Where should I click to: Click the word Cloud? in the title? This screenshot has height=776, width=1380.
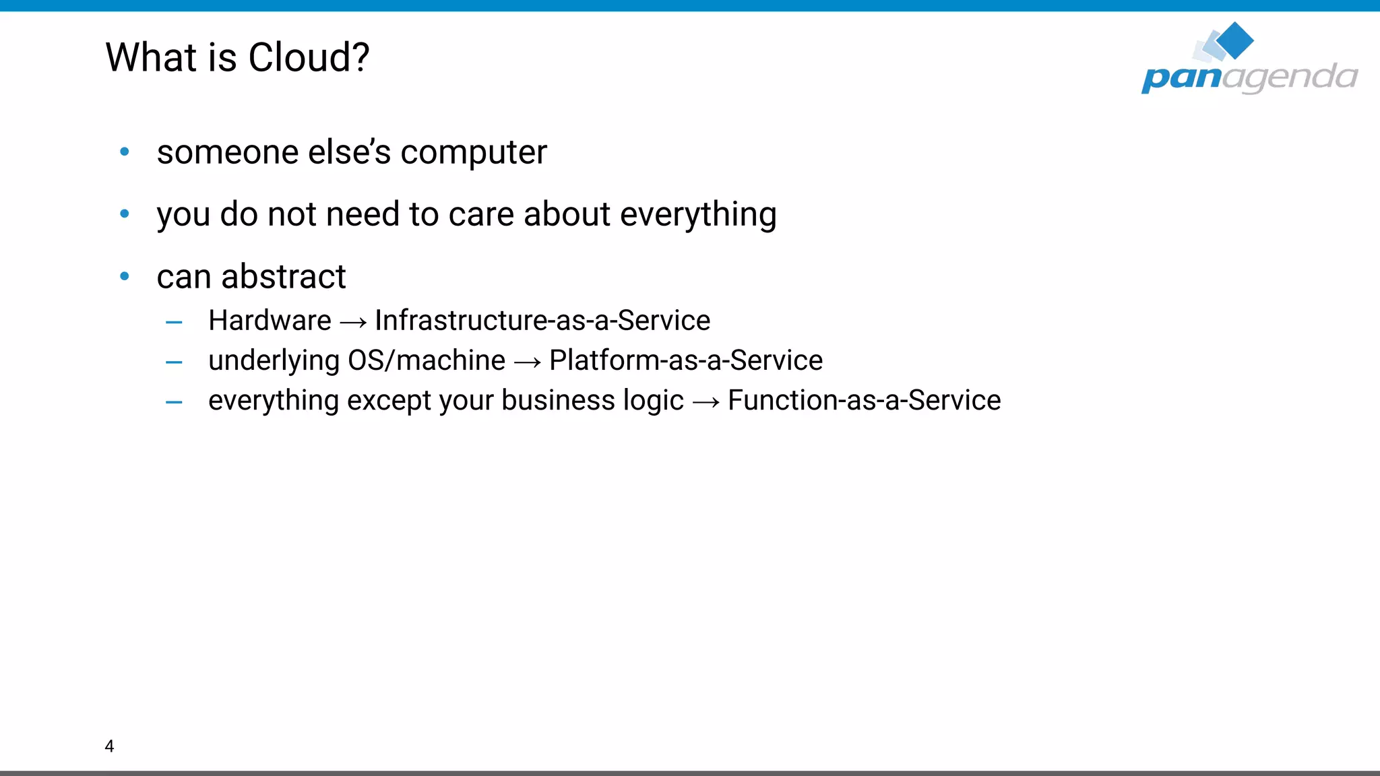(308, 58)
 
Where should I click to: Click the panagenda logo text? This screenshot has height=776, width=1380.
(1249, 77)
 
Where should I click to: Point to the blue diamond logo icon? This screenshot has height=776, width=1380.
(1234, 40)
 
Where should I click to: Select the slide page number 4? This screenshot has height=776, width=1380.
(109, 746)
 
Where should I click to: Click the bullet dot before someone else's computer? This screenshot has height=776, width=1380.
(125, 152)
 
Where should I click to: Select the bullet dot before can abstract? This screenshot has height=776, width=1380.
(125, 276)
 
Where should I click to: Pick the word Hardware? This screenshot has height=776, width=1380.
(270, 321)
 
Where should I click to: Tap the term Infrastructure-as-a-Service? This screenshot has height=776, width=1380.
(542, 321)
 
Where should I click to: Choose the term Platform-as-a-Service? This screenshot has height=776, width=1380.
(685, 360)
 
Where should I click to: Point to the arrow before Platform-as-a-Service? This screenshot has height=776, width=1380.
(527, 363)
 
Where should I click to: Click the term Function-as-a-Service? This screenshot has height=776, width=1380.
(864, 400)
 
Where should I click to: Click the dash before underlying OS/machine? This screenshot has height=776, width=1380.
(174, 362)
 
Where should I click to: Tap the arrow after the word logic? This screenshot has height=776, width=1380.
(705, 403)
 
